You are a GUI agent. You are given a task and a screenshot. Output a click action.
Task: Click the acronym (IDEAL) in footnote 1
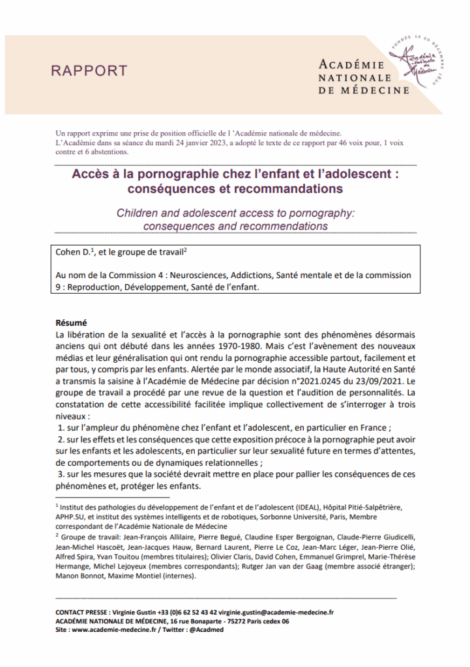tap(282, 506)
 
